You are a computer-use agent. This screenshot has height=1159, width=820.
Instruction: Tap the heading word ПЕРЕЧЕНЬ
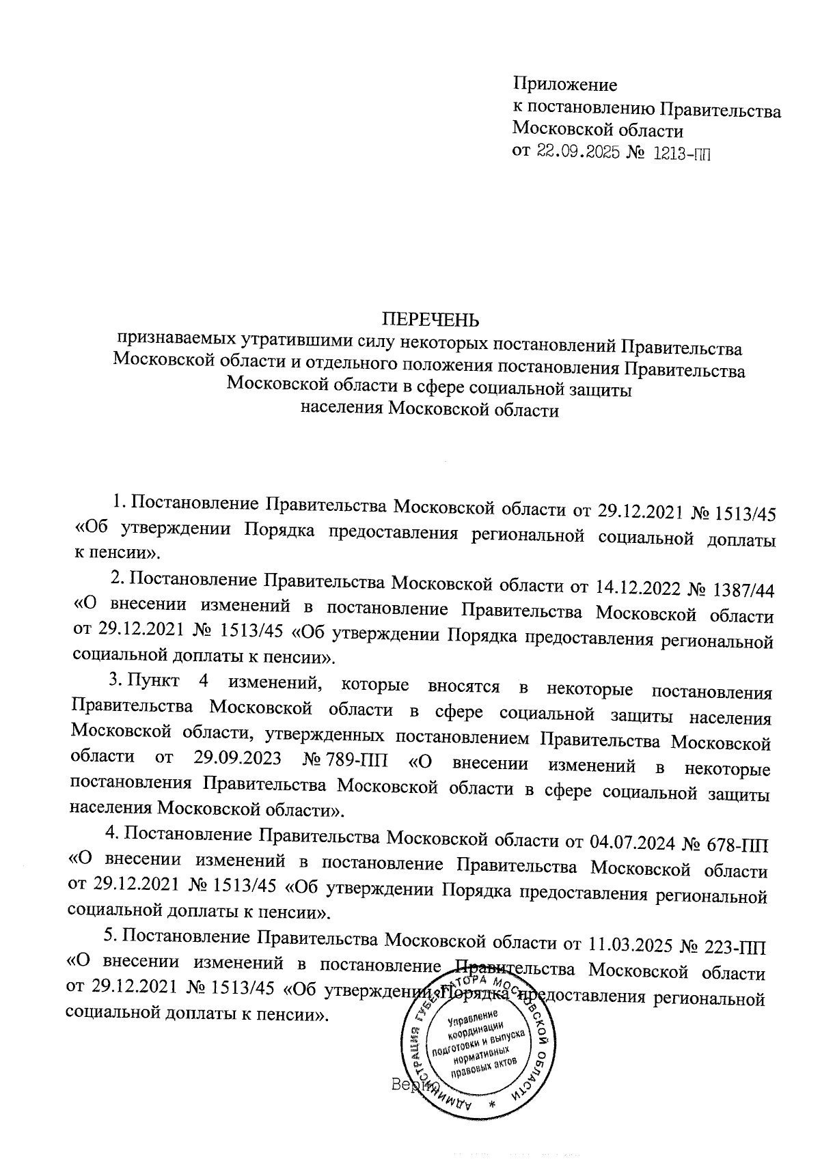pyautogui.click(x=430, y=320)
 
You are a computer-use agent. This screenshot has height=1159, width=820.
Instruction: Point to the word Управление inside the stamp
pyautogui.click(x=473, y=1020)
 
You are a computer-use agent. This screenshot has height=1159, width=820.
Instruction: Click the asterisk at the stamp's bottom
pyautogui.click(x=492, y=1104)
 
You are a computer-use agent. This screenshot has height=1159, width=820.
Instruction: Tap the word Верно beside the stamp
pyautogui.click(x=409, y=1084)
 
